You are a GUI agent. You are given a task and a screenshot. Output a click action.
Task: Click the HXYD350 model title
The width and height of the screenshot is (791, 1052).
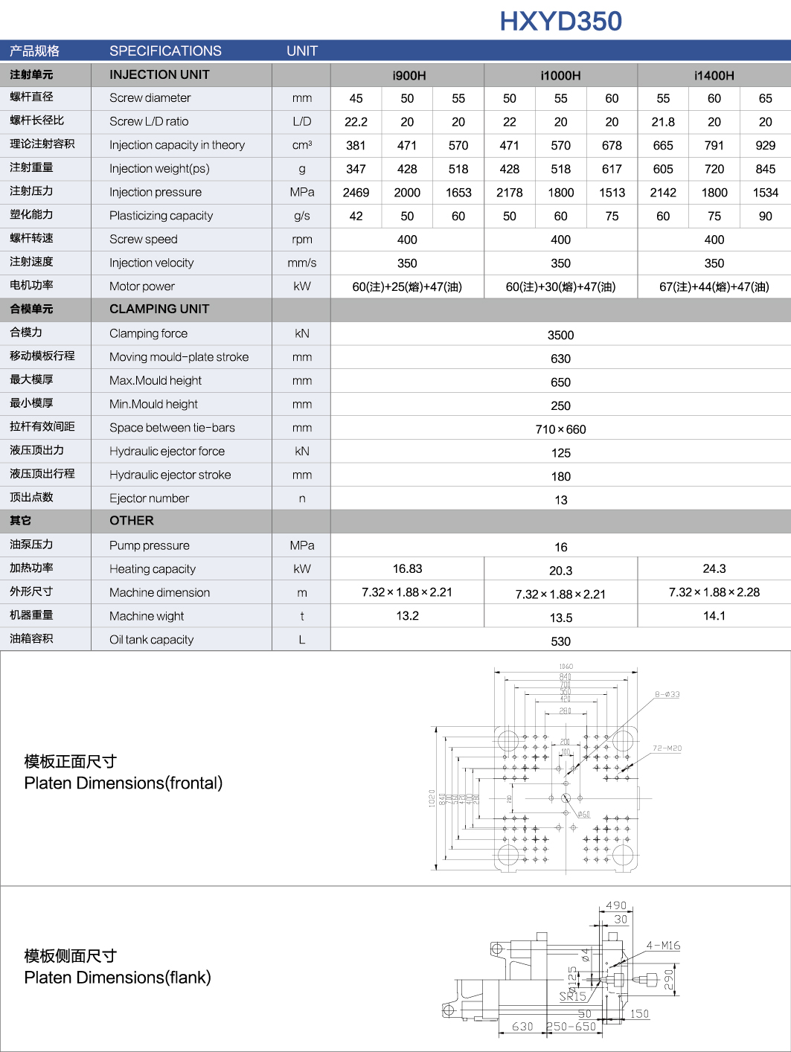pyautogui.click(x=560, y=22)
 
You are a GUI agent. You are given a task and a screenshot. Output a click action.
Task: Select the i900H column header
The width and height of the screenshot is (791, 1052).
pyautogui.click(x=409, y=75)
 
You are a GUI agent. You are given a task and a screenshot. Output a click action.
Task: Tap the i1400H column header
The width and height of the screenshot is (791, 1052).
pyautogui.click(x=714, y=75)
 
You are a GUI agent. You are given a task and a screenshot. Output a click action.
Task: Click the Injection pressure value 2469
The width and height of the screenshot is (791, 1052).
pyautogui.click(x=356, y=193)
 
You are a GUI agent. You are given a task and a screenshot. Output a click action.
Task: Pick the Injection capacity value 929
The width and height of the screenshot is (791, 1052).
pyautogui.click(x=765, y=146)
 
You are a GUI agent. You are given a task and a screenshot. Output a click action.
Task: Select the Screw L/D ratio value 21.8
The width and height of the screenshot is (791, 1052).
pyautogui.click(x=663, y=122)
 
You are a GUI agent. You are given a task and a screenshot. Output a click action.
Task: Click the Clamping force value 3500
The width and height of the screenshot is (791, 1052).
pyautogui.click(x=560, y=335)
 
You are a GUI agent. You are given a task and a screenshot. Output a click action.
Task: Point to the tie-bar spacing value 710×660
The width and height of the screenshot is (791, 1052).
pyautogui.click(x=560, y=429)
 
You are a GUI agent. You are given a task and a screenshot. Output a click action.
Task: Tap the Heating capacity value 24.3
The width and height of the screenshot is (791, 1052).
pyautogui.click(x=714, y=568)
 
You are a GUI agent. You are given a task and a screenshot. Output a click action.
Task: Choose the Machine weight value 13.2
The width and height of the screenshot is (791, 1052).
pyautogui.click(x=407, y=615)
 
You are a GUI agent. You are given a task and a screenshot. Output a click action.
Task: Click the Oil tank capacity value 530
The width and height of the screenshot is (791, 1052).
pyautogui.click(x=560, y=641)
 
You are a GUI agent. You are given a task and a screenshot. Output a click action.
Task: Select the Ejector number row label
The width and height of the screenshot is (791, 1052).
pyautogui.click(x=149, y=498)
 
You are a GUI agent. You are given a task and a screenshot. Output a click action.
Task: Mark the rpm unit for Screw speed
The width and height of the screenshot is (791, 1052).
pyautogui.click(x=301, y=240)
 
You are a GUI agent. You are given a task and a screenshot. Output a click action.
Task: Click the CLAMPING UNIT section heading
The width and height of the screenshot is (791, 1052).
pyautogui.click(x=159, y=309)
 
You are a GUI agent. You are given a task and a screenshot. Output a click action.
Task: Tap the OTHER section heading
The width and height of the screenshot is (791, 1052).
pyautogui.click(x=132, y=521)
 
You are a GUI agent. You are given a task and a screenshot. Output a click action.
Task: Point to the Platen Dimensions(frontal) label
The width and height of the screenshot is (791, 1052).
pyautogui.click(x=124, y=783)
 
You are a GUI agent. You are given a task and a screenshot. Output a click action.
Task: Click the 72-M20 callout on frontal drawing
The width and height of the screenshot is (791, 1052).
pyautogui.click(x=667, y=748)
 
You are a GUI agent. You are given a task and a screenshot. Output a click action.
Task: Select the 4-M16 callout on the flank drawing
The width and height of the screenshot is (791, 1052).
pyautogui.click(x=663, y=946)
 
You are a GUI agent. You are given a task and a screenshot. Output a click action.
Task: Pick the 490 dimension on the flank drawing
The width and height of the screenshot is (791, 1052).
pyautogui.click(x=616, y=905)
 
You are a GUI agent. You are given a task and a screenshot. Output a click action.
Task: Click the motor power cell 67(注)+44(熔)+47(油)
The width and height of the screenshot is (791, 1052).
pyautogui.click(x=714, y=287)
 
